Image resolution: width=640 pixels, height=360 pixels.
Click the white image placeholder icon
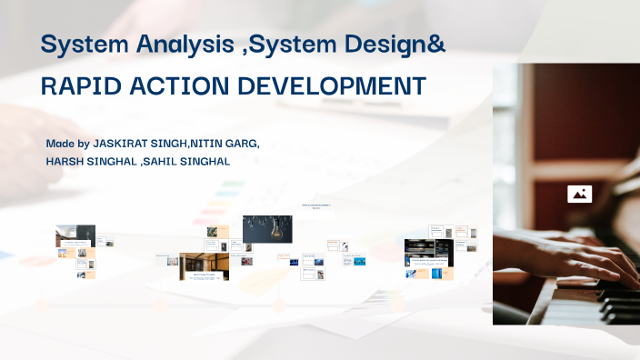coord(579,194)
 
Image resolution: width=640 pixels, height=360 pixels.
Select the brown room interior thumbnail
coord(204,265)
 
